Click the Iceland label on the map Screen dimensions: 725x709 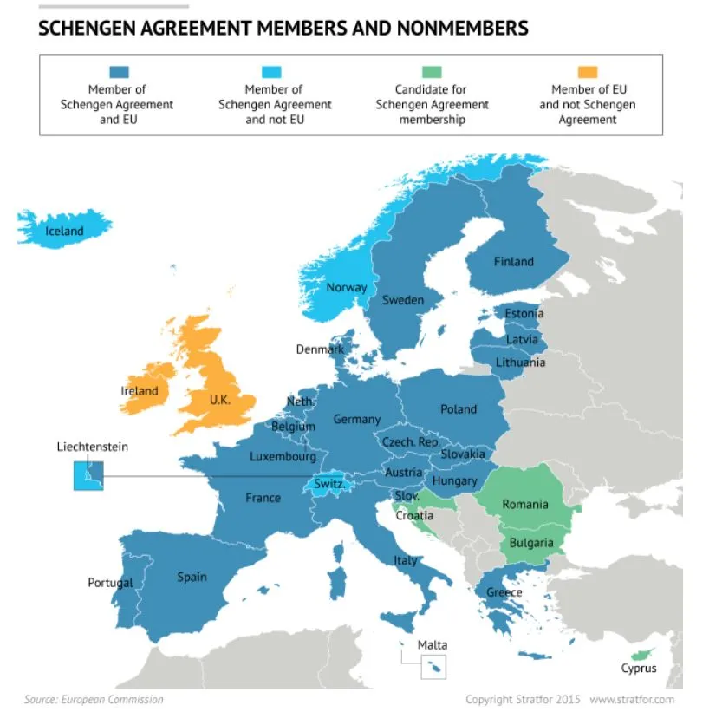click(64, 231)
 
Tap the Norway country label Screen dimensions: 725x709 click(346, 288)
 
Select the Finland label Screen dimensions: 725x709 click(513, 261)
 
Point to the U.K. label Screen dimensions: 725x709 click(219, 401)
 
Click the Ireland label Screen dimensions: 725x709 click(140, 391)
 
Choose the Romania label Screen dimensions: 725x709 click(524, 504)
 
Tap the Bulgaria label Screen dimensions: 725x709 click(530, 543)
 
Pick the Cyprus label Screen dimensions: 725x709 click(639, 669)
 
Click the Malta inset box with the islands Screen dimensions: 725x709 click(433, 667)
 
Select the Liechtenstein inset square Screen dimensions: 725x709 click(88, 475)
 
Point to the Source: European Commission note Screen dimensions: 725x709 click(94, 699)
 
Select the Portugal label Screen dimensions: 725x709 click(110, 583)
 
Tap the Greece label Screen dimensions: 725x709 click(504, 592)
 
